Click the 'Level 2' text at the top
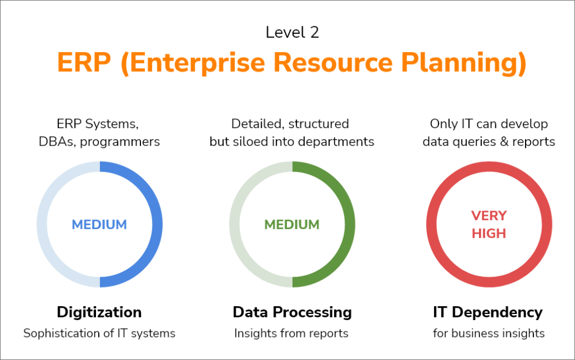point(292,32)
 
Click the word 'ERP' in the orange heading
point(84,62)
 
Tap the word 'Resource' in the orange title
point(333,62)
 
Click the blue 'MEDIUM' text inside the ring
point(99,224)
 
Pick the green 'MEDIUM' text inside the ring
point(292,224)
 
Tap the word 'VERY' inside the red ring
point(489,216)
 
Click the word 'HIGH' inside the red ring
point(489,233)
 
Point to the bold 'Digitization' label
point(99,312)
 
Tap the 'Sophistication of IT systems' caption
point(99,333)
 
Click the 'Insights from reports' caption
point(291,333)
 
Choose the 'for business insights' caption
point(489,333)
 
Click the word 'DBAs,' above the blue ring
point(58,142)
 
